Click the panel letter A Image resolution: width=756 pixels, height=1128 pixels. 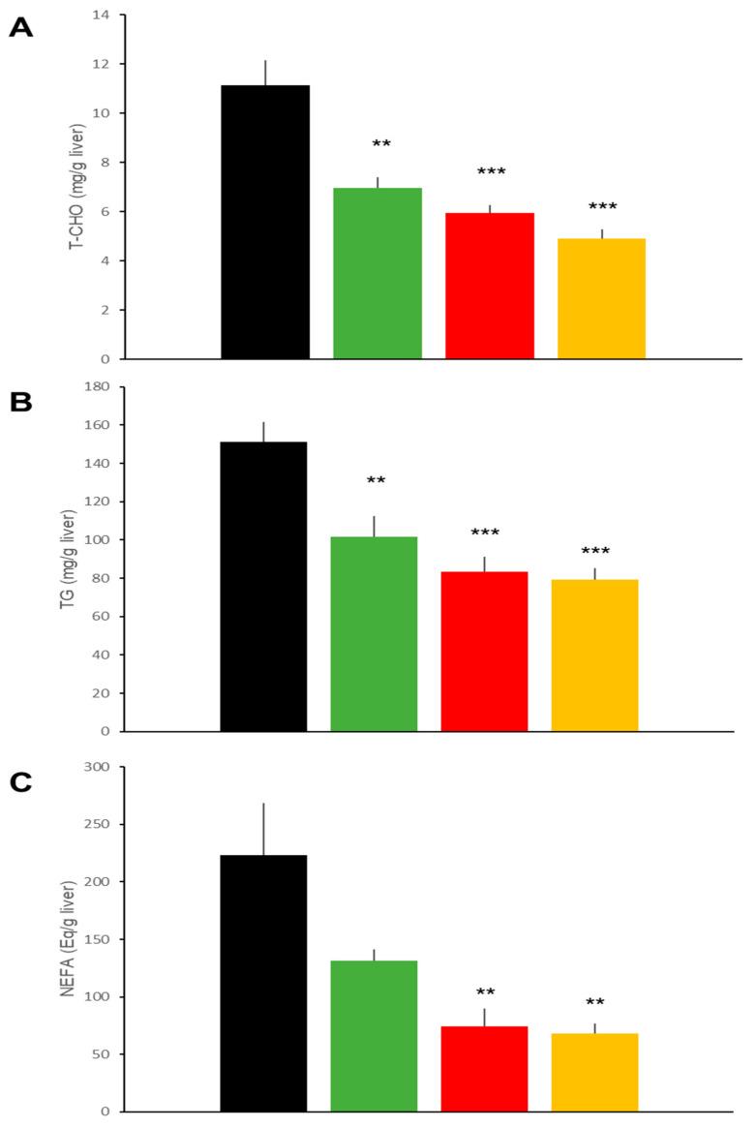[x=20, y=28]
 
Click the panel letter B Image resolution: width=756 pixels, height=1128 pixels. [x=20, y=403]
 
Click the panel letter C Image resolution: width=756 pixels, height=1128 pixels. [x=20, y=782]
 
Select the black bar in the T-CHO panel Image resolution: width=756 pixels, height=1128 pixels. [x=265, y=222]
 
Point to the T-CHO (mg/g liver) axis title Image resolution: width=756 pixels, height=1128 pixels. [x=75, y=188]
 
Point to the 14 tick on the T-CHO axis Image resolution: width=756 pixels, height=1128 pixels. [x=103, y=15]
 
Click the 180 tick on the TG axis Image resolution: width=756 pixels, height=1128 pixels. [x=99, y=387]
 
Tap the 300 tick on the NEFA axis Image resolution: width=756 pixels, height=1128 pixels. [x=99, y=767]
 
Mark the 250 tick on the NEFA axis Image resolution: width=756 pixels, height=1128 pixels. [x=99, y=824]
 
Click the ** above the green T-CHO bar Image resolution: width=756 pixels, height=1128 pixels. [x=381, y=145]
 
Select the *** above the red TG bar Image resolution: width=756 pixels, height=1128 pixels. [x=484, y=534]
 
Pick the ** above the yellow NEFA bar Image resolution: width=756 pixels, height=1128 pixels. [x=594, y=1002]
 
